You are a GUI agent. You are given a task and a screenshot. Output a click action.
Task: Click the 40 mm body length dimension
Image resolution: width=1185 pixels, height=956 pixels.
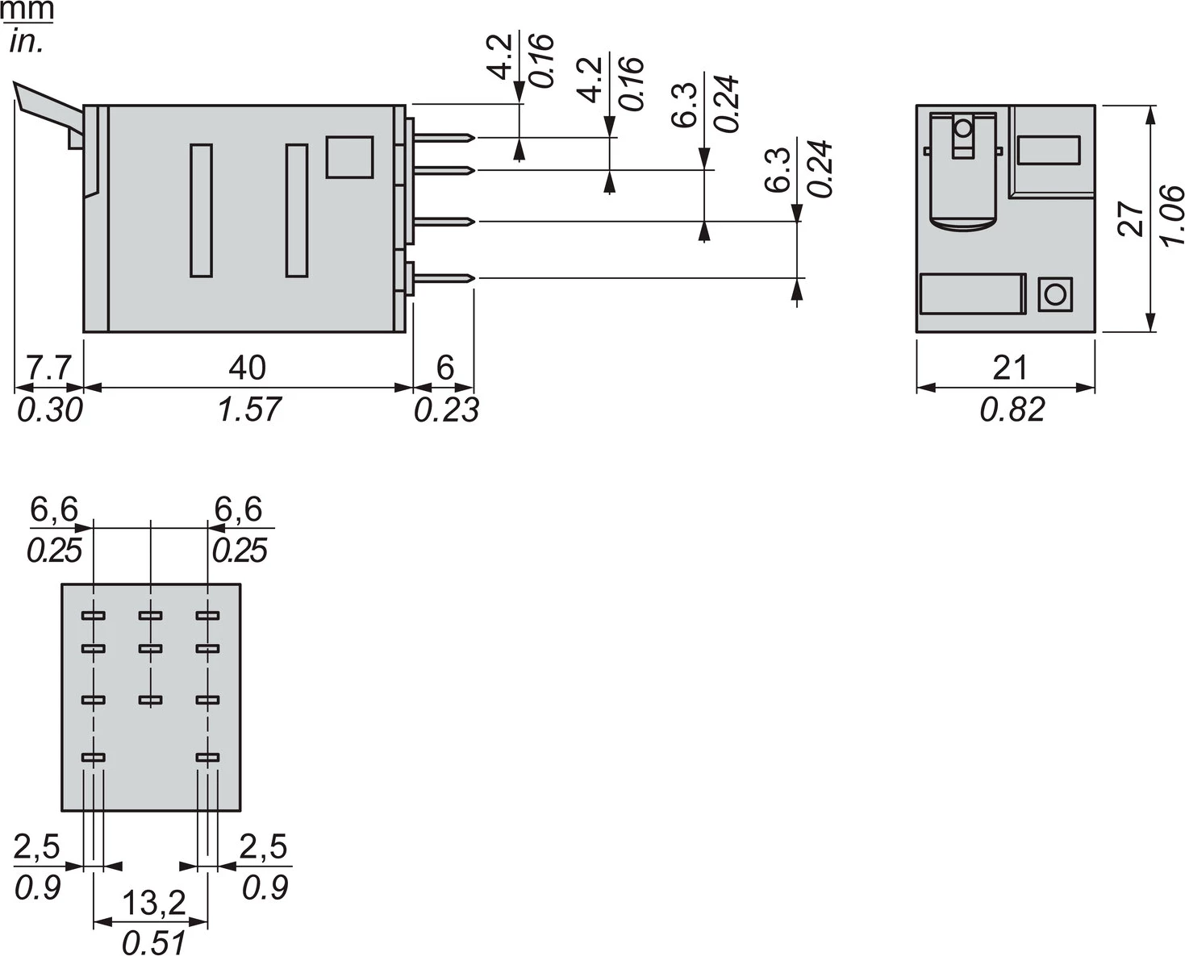[x=247, y=368]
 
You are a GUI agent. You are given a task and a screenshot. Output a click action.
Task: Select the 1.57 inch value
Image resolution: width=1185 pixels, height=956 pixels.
[x=248, y=409]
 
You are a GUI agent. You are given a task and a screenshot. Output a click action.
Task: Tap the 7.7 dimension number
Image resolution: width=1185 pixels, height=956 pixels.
[x=49, y=368]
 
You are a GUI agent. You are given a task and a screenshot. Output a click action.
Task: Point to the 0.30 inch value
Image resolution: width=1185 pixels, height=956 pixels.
[x=49, y=410]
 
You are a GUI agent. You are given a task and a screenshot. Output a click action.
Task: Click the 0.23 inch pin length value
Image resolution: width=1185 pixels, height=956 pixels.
[x=446, y=410]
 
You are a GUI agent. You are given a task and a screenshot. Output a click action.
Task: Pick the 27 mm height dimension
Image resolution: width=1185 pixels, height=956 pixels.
[x=1132, y=218]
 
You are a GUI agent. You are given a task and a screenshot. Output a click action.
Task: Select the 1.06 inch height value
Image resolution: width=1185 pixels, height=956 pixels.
[x=1170, y=216]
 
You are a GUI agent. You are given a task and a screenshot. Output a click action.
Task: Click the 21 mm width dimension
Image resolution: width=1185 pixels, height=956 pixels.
[x=1009, y=368]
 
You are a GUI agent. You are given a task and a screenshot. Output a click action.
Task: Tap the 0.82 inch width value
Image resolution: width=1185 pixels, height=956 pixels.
[x=1012, y=409]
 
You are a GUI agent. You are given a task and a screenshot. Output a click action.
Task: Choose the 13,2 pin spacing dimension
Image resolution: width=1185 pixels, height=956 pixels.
[x=153, y=904]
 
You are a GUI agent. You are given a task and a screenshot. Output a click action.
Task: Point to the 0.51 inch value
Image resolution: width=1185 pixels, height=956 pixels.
[x=153, y=942]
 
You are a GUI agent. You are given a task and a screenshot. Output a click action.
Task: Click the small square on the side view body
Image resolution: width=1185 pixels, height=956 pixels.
[x=349, y=157]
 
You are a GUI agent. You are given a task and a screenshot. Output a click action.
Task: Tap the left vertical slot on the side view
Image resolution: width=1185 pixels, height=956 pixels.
[x=202, y=210]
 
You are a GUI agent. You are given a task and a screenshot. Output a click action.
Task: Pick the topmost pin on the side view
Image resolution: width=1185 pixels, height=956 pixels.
[x=444, y=138]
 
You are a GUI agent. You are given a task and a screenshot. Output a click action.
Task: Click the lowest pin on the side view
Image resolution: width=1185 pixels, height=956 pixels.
[x=444, y=278]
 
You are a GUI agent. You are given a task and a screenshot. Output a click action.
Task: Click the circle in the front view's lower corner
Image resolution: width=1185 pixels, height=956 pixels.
[x=1054, y=294]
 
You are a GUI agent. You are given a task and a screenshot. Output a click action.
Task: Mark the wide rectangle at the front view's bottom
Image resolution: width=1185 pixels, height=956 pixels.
[x=972, y=293]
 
